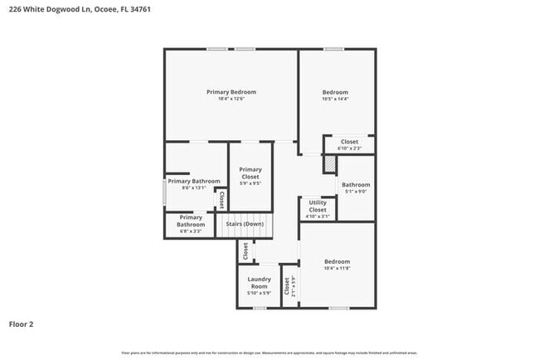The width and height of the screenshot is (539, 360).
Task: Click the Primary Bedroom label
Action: click(231, 91)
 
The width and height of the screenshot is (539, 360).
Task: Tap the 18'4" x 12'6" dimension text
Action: click(231, 99)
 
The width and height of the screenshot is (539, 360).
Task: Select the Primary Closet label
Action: click(250, 173)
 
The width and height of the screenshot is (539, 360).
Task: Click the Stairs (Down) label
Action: click(245, 224)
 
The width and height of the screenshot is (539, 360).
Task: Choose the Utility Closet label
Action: click(318, 206)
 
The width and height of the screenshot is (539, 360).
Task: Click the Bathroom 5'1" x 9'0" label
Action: click(357, 184)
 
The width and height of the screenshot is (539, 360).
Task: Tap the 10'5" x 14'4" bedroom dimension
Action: click(335, 99)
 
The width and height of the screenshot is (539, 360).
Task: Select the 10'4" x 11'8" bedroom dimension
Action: click(337, 268)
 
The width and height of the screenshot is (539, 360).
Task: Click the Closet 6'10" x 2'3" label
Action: click(349, 142)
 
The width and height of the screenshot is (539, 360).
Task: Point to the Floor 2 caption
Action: click(21, 324)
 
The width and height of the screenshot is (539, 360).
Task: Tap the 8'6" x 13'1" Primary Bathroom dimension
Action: click(193, 188)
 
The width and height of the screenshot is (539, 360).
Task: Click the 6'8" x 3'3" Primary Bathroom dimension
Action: click(191, 231)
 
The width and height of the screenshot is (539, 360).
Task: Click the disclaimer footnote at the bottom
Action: click(269, 353)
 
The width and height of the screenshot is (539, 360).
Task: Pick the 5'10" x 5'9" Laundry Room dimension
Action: click(260, 293)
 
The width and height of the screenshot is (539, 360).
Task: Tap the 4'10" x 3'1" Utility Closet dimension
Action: click(318, 216)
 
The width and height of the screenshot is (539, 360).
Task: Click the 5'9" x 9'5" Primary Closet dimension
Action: click(250, 183)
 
